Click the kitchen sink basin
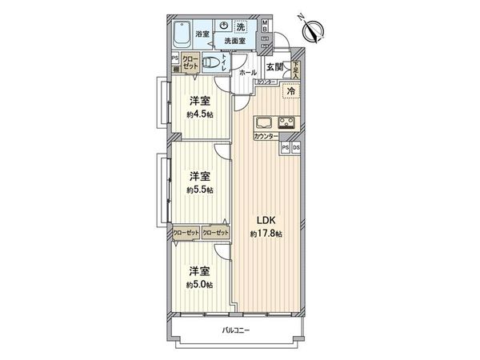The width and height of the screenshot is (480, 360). [264, 123]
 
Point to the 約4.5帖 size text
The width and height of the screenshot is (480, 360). [199, 113]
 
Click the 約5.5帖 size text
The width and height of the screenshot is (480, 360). [199, 190]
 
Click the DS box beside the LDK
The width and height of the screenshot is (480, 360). [296, 147]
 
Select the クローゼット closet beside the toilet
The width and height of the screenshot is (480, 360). [190, 62]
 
